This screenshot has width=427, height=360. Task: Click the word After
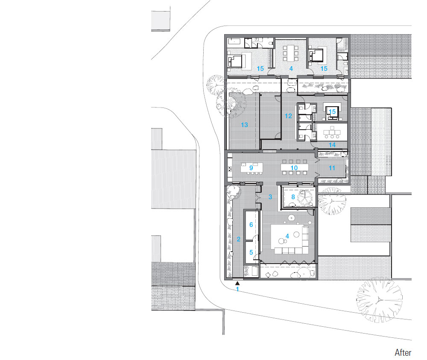[403, 353]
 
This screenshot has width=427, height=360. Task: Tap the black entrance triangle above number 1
[237, 283]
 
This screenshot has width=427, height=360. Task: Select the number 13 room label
[244, 125]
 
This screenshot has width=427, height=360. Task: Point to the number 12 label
[288, 116]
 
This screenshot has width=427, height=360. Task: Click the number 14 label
[332, 145]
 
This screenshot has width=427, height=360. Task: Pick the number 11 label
[332, 168]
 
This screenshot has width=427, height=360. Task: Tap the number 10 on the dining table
[294, 168]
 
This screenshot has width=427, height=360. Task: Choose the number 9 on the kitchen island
[251, 168]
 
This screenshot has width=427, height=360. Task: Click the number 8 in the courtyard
[293, 197]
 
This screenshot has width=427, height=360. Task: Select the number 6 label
[251, 224]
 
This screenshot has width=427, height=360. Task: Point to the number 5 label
[251, 253]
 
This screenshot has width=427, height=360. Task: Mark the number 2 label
[239, 239]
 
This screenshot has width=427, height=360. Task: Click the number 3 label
[270, 197]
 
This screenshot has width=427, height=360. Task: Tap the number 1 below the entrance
[237, 289]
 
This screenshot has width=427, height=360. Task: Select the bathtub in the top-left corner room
[234, 42]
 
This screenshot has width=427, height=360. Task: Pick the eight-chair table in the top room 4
[290, 53]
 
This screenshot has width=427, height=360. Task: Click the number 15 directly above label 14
[332, 112]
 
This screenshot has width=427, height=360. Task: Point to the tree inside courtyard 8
[305, 197]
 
